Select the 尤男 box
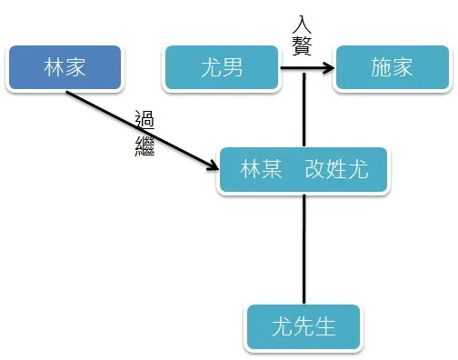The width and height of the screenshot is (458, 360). (x=221, y=67)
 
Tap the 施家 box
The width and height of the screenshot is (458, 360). (x=392, y=67)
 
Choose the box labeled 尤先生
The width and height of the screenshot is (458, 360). (x=304, y=326)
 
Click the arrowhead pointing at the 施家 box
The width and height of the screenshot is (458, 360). (x=327, y=67)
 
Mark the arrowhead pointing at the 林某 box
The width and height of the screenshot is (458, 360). (x=214, y=165)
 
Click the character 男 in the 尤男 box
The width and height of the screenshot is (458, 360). (x=233, y=67)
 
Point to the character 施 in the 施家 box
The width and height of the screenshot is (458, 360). (x=381, y=67)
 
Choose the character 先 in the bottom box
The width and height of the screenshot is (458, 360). (x=304, y=326)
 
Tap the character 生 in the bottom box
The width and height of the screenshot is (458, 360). (x=325, y=326)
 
